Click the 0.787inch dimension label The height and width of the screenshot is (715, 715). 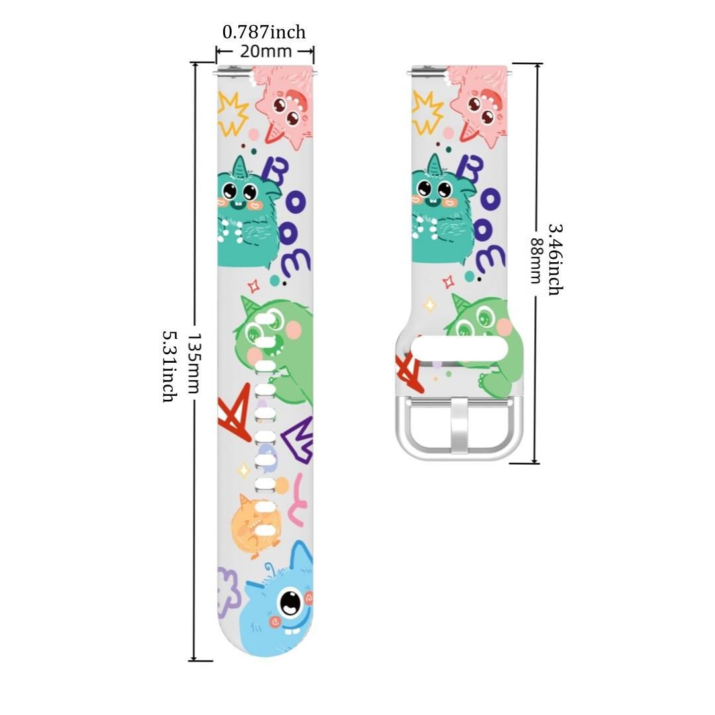[263, 32]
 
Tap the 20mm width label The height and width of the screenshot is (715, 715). [265, 51]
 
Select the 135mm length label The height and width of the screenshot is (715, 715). [193, 363]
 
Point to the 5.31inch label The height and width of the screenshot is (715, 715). [170, 365]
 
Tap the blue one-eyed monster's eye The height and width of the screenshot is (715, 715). [289, 602]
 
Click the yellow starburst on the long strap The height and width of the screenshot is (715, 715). [233, 113]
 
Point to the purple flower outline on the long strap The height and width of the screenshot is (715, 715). [229, 589]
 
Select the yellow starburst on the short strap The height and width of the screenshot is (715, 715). [426, 110]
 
